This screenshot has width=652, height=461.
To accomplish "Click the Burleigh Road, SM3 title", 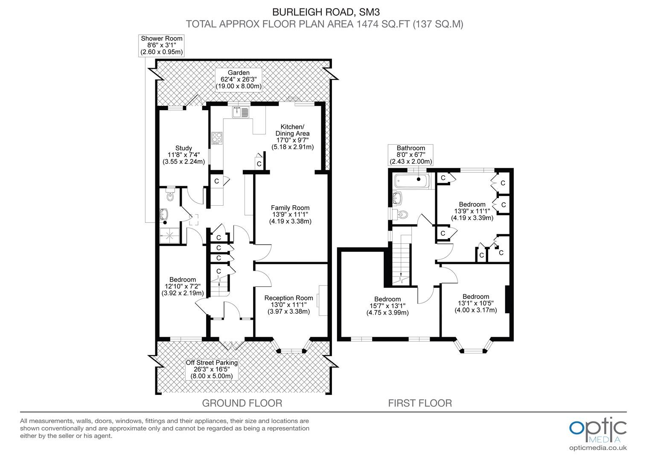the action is point(326,12).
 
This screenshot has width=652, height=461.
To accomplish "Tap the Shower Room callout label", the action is point(162,45).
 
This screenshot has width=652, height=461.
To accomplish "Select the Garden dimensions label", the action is point(239,79).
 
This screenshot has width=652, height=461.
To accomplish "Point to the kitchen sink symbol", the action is point(240,112).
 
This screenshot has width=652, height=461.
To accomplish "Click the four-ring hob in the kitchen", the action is point(217,138).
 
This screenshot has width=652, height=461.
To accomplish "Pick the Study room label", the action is point(183,155).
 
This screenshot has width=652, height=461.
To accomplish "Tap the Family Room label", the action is point(290,214).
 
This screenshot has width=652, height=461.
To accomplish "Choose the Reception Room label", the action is point(289,305).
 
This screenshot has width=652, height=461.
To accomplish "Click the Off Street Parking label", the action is point(212,369).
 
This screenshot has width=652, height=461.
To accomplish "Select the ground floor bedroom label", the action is point(183,286).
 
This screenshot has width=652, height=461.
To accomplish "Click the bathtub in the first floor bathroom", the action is point(411,181).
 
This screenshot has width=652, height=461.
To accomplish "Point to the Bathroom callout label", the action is point(411,155).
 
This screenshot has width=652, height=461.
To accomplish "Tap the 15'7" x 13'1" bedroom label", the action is point(387,306).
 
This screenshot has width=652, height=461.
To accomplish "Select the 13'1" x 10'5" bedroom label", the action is point(476,303).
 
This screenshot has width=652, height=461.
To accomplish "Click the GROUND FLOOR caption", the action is point(242,403).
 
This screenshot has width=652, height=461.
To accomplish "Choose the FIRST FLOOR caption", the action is point(420,403).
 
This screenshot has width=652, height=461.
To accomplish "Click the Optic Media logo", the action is point(598,430).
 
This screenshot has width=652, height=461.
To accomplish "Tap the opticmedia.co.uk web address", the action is point(598,448).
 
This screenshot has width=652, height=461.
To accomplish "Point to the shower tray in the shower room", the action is point(169,235).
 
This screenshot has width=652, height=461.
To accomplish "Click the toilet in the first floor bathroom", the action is point(401,215).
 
